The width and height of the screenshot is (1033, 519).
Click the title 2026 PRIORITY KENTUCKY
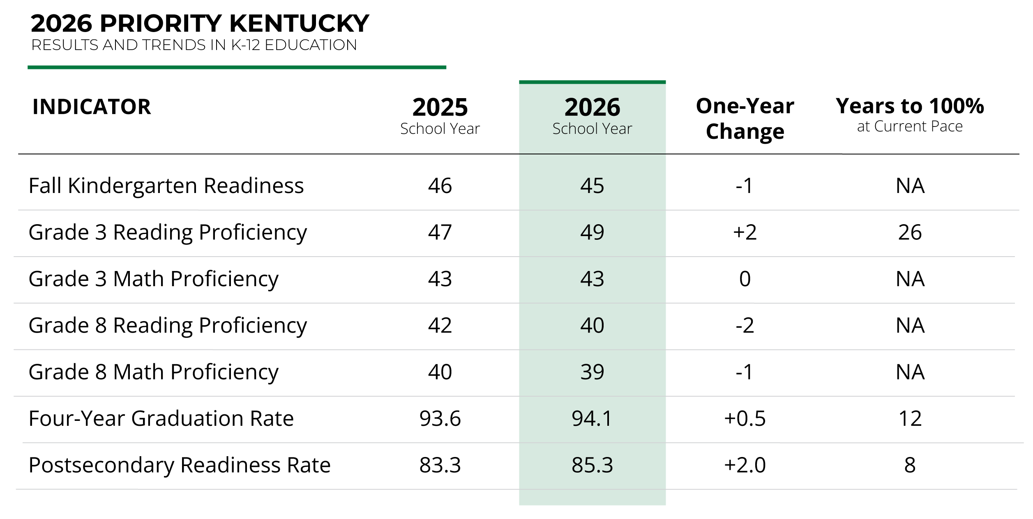point(200,23)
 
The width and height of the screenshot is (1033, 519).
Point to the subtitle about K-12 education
point(194,45)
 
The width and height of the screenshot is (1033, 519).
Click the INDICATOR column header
point(92,107)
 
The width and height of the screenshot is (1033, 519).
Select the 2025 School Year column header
point(440,116)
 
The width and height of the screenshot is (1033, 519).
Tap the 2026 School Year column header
point(592,116)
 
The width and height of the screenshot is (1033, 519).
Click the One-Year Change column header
point(745,119)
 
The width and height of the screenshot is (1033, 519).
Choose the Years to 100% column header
point(910,115)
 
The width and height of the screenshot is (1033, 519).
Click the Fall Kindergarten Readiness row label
point(166,186)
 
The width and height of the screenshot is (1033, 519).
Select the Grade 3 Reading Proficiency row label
point(168,233)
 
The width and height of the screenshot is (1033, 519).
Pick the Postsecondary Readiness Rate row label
point(180,465)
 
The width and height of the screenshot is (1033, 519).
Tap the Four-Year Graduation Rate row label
point(161,419)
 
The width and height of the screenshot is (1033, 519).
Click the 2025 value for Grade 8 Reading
point(440,326)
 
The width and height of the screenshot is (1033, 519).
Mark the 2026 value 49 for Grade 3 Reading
point(592,232)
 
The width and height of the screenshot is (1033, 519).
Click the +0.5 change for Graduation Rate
point(745,419)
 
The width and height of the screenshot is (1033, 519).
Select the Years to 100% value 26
point(910,232)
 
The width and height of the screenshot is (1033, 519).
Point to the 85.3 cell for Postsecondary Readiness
point(592,465)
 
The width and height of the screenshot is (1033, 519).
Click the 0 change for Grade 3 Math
point(745,279)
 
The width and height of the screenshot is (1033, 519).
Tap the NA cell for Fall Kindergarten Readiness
point(910,186)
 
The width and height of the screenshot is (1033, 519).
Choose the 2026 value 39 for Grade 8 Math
point(592,372)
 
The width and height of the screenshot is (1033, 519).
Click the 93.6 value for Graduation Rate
point(440,419)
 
